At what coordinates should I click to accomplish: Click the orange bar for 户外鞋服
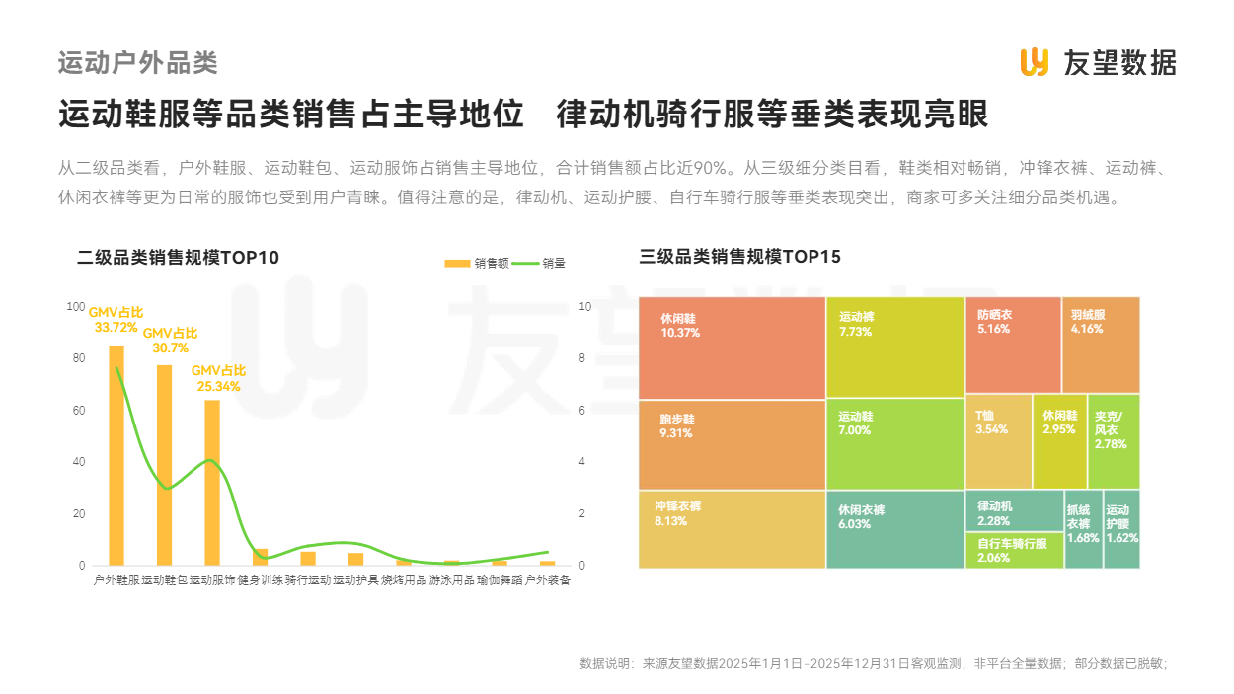[x=116, y=455]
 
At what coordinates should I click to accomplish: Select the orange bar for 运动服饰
[x=212, y=483]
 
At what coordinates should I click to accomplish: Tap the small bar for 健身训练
[x=261, y=557]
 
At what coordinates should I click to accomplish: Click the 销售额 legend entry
[x=477, y=263]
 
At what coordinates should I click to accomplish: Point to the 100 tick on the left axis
[x=76, y=307]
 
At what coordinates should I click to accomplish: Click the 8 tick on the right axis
[x=584, y=358]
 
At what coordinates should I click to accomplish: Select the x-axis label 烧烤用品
[x=404, y=580]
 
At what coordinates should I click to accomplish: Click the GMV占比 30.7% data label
[x=170, y=341]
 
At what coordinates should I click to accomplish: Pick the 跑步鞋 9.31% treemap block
[x=732, y=444]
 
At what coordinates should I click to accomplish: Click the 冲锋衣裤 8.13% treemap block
[x=732, y=529]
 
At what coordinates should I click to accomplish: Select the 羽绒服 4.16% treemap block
[x=1101, y=345]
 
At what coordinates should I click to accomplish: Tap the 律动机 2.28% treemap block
[x=1014, y=511]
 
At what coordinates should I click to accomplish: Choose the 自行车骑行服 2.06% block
[x=1014, y=551]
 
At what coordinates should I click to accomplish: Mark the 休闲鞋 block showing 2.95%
[x=1059, y=441]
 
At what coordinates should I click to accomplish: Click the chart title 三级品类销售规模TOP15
[x=739, y=258]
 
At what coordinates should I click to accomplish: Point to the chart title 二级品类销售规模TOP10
[x=178, y=258]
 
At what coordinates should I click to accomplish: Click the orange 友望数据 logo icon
[x=1034, y=62]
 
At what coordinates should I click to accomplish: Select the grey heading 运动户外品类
[x=137, y=63]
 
